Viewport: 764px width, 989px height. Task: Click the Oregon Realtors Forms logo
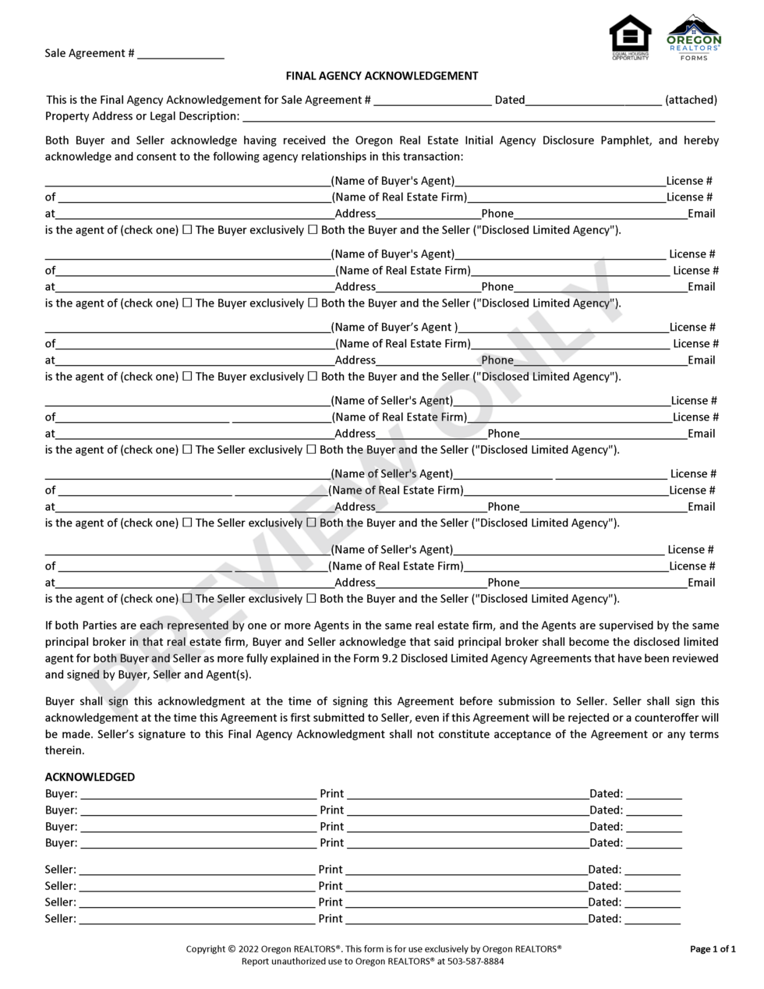[694, 37]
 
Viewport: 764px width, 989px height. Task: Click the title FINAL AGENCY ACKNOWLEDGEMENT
[382, 76]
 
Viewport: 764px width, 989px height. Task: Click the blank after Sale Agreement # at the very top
[181, 54]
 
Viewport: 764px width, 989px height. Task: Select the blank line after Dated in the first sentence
[593, 100]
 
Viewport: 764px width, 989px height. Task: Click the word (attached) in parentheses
[691, 100]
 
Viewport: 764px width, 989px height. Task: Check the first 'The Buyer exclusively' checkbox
[187, 230]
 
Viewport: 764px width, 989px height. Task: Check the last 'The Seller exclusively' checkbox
[187, 599]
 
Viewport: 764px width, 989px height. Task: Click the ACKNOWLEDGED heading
[90, 777]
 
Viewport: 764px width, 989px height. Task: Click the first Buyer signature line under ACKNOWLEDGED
[198, 795]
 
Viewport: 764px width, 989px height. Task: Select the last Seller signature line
[196, 920]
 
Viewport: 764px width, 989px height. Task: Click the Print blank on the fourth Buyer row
[466, 844]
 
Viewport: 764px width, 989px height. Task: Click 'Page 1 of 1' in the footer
[713, 949]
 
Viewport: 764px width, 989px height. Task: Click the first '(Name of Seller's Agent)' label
[392, 401]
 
